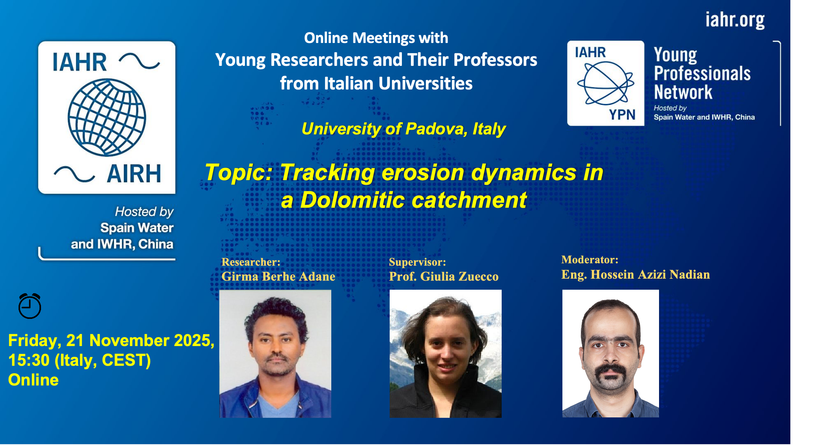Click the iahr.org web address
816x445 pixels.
[735, 20]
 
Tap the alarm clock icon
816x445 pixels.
[30, 306]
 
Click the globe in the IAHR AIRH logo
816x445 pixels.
[107, 117]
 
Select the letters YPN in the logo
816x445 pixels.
[622, 115]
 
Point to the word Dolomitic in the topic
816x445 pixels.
[352, 199]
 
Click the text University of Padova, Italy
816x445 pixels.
[403, 129]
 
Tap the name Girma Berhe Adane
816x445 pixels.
[278, 276]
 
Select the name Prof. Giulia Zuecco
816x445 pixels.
[444, 276]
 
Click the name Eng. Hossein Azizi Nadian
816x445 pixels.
[635, 274]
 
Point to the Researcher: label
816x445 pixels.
[251, 262]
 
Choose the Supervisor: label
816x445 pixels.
[417, 262]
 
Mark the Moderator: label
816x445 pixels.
[590, 259]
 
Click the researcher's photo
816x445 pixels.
[275, 354]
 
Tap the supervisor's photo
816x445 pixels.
[446, 354]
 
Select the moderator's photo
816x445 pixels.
[611, 354]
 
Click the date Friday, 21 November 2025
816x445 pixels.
[111, 341]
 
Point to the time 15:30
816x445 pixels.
[29, 360]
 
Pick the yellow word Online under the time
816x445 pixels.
[34, 380]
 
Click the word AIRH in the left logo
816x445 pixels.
[134, 173]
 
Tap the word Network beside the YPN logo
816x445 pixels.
[683, 92]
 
